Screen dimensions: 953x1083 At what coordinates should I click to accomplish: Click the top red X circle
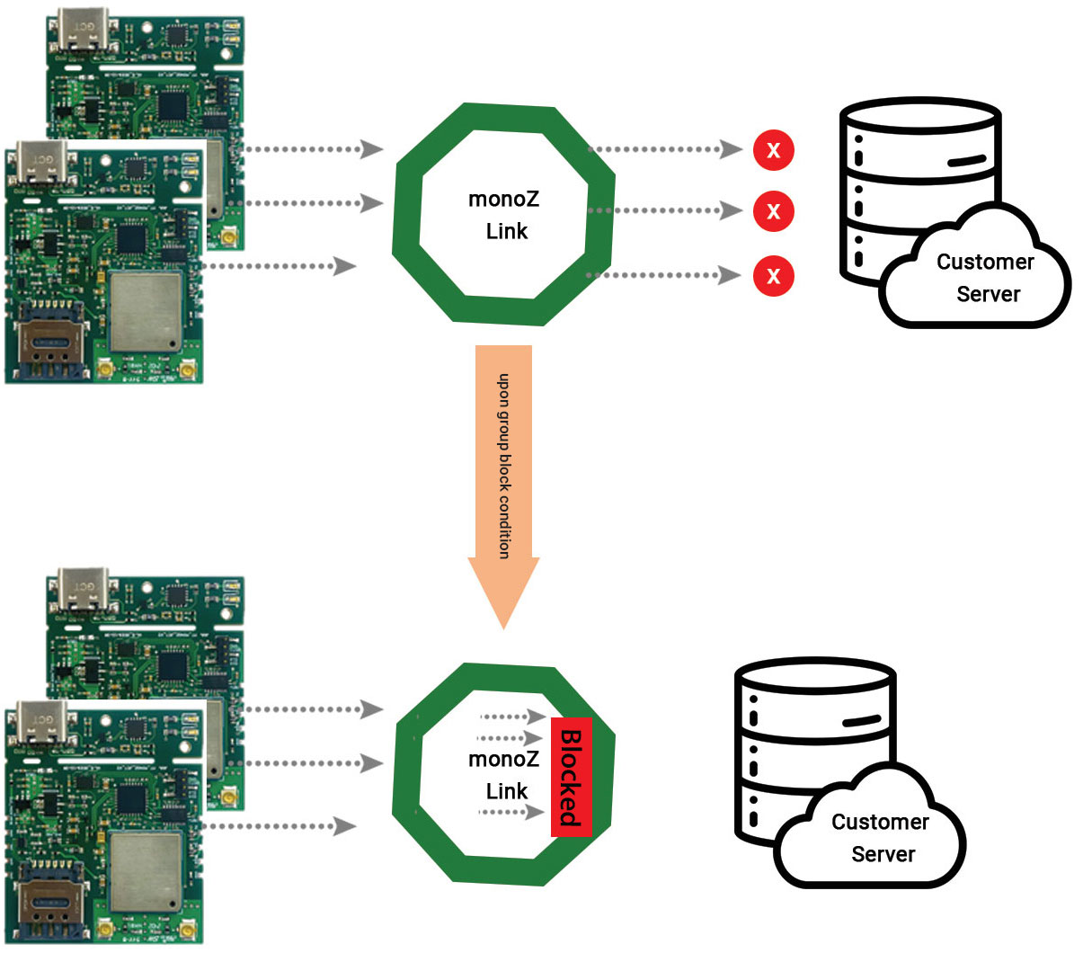pos(773,150)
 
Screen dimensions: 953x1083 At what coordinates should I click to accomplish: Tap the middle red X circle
pos(773,211)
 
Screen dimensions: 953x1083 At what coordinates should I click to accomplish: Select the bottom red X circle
pos(773,275)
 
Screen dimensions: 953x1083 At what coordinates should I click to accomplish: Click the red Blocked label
pos(572,777)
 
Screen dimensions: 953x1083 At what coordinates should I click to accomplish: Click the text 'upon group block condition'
pos(504,466)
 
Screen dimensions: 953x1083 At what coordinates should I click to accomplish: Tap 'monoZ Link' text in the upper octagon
pos(504,215)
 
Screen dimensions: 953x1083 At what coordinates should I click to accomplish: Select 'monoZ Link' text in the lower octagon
pos(504,775)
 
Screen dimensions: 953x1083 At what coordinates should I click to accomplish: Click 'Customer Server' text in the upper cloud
pos(986,278)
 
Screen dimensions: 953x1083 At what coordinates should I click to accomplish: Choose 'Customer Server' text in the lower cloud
pos(881,838)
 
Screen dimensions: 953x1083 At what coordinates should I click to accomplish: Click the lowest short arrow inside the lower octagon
pos(511,812)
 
